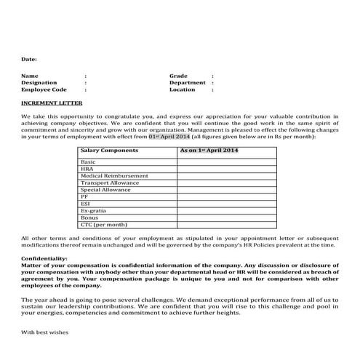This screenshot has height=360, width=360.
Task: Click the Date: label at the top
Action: point(29,58)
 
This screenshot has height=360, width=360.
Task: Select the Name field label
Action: point(30,76)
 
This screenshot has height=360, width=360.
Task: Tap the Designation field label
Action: point(39,83)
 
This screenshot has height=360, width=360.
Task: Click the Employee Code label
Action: point(44,90)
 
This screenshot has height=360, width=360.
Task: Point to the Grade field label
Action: point(179,76)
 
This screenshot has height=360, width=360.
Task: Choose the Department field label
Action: point(188,83)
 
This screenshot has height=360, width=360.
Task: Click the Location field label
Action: point(183,90)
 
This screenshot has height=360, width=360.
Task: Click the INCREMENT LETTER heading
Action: point(52,103)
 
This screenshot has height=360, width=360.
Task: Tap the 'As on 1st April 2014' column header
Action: point(209,151)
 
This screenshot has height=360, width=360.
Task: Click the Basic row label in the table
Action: point(88,161)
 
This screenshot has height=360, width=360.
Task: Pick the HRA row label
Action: point(87,169)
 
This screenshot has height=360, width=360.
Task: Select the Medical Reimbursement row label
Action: point(114,175)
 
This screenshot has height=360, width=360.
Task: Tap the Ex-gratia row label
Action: point(93,210)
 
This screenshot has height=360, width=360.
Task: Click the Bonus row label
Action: point(89,217)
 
